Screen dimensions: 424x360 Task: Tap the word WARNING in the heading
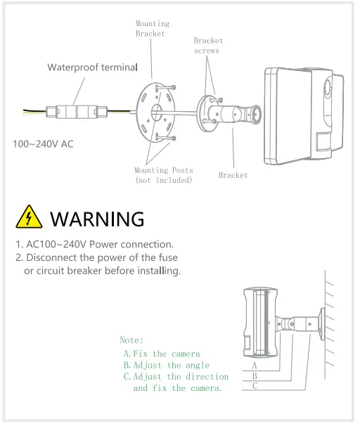point(97,218)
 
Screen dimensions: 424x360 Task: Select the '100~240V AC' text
point(44,143)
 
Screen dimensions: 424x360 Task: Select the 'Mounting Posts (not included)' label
point(163,175)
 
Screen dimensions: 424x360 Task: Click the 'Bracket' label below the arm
point(233,175)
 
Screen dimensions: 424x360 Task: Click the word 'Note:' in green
point(131,340)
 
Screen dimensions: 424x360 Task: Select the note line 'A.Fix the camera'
point(161,354)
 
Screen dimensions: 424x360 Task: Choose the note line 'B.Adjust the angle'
point(166,365)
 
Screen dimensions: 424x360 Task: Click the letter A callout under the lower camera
point(254,366)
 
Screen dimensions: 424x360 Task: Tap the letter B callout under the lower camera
point(254,375)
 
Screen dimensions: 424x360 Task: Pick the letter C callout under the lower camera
point(254,385)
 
